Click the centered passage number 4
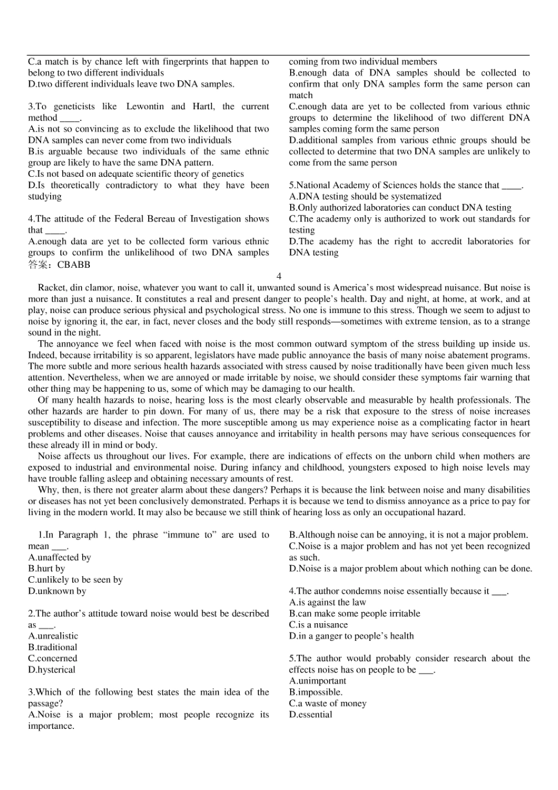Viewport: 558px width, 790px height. (x=279, y=276)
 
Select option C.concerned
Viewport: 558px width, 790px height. (x=52, y=658)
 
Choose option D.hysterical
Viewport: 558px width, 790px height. (x=52, y=670)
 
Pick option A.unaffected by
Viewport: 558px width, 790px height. (x=59, y=557)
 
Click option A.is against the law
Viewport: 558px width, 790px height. (x=327, y=603)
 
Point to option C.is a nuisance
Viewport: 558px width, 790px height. (x=318, y=625)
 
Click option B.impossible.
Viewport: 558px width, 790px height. (x=315, y=692)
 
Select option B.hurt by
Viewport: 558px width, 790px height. (x=46, y=569)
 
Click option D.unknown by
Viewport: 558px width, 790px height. (x=57, y=591)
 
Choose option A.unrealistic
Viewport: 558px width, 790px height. (x=53, y=636)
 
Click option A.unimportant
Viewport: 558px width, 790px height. (x=317, y=681)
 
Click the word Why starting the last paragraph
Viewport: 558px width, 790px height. (x=47, y=490)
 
